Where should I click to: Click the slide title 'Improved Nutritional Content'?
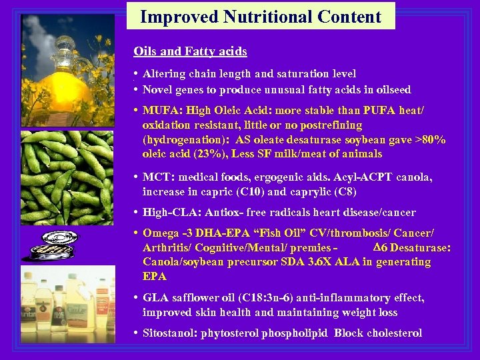click(x=261, y=17)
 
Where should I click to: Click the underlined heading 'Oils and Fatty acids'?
click(x=190, y=51)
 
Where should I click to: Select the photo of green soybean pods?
click(x=67, y=177)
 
